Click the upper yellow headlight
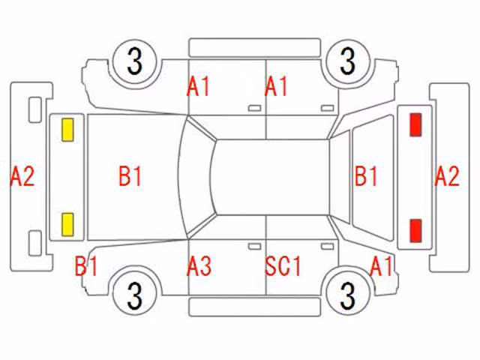tap(67, 130)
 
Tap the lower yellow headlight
tap(67, 225)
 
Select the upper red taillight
tap(415, 124)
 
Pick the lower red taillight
tap(415, 230)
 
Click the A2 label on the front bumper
tap(22, 176)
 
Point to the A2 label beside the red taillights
tap(447, 176)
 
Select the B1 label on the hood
tap(130, 176)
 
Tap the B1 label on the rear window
tap(366, 176)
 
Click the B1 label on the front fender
tap(86, 266)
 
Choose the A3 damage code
tap(199, 266)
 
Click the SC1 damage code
tap(283, 266)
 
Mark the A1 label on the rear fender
tap(381, 266)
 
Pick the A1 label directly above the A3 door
tap(198, 87)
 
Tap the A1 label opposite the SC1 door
tap(276, 87)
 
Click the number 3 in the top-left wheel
tap(135, 61)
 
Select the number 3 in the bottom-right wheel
tap(348, 295)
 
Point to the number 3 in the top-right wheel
tap(348, 61)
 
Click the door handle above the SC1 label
tap(327, 247)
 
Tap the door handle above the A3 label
tap(254, 247)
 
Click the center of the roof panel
tap(271, 177)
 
